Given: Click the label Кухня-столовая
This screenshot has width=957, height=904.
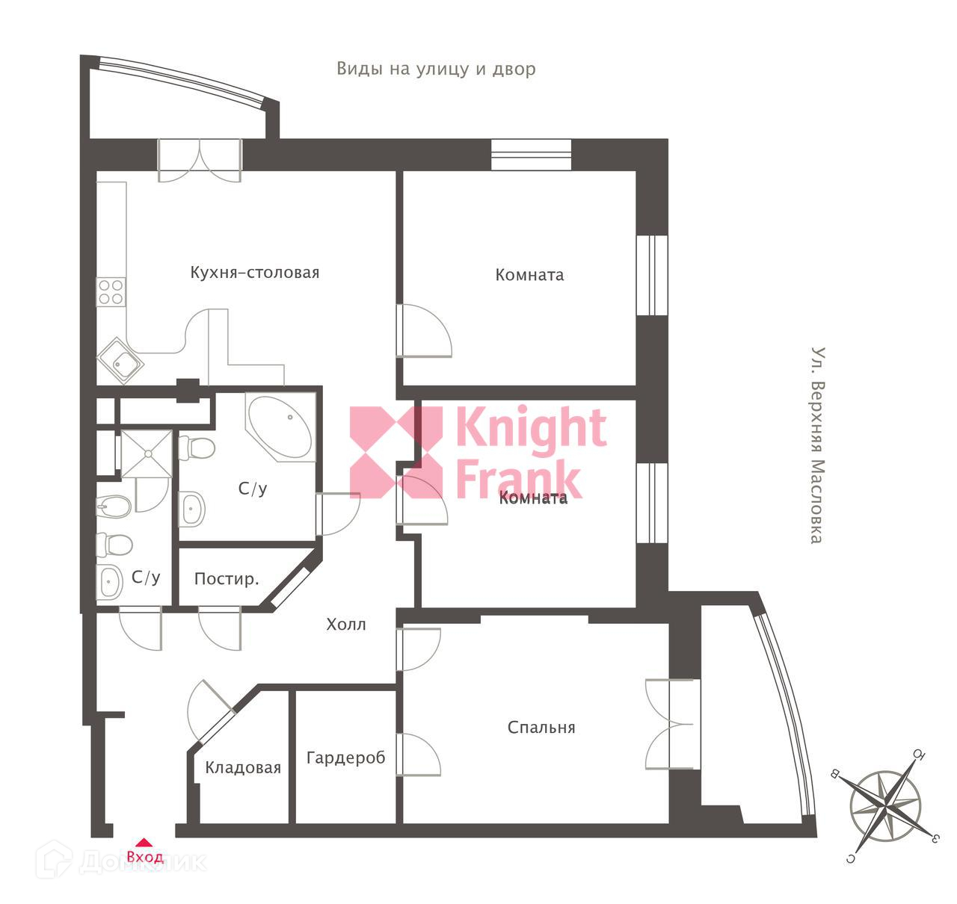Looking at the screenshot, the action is pos(254,273).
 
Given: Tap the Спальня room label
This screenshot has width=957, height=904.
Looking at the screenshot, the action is pos(541,727).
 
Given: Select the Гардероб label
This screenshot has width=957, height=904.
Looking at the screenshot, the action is pos(345,758).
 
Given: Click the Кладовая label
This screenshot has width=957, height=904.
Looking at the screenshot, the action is pos(243,767).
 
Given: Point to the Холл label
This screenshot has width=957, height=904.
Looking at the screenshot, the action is pos(346,625).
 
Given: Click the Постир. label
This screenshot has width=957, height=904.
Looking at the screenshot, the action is pos(227,579).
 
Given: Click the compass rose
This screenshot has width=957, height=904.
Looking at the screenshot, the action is pos(885,807).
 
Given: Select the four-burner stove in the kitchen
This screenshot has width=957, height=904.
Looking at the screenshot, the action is pos(111,291).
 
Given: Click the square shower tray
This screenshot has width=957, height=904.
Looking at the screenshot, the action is pos(147,453).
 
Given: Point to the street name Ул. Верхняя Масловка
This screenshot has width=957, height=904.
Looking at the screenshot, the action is pos(818,445).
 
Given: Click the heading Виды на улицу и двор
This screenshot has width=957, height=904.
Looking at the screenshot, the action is pos(436,69).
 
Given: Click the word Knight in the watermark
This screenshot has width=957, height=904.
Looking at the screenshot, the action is pos(531,429).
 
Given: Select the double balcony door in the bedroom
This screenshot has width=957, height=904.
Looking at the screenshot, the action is pos(671,723).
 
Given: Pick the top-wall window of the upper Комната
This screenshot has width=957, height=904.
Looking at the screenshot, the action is pos(531,155).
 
